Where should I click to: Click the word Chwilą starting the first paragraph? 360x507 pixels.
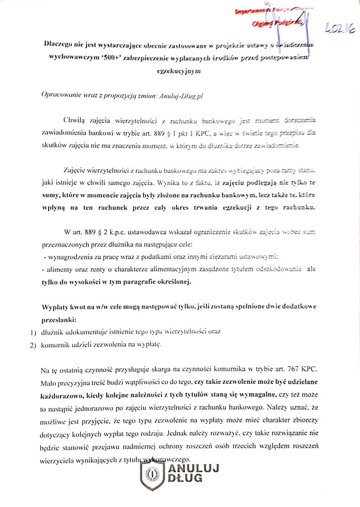(74, 120)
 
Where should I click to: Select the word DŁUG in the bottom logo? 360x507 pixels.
(184, 479)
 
